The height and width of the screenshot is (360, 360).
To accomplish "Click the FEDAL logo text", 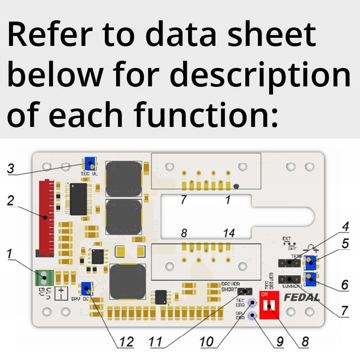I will pos(301,297).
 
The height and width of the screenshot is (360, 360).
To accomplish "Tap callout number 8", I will pos(305,342).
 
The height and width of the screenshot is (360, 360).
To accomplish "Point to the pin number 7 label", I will pos(183,199).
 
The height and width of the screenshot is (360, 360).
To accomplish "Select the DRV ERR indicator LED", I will pos(253,315).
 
